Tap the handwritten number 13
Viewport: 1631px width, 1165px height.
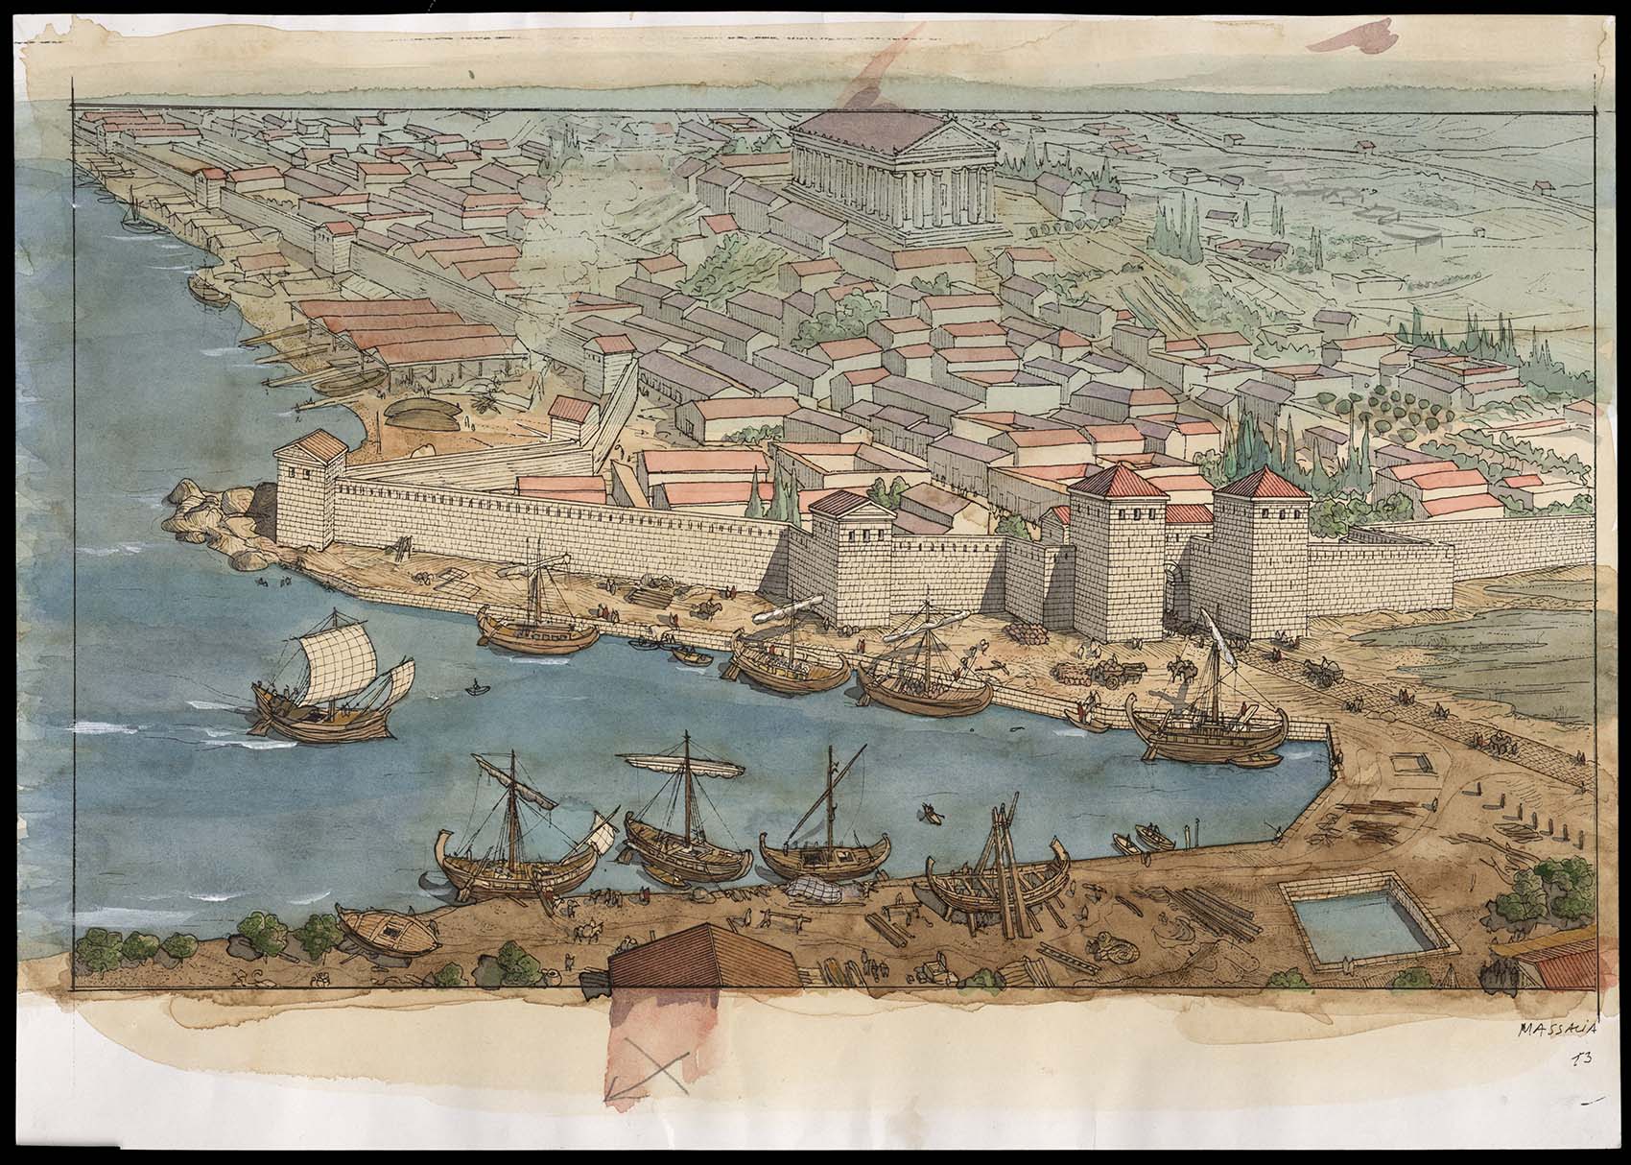pos(1578,1059)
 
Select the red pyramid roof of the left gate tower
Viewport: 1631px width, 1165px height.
pos(1104,480)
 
